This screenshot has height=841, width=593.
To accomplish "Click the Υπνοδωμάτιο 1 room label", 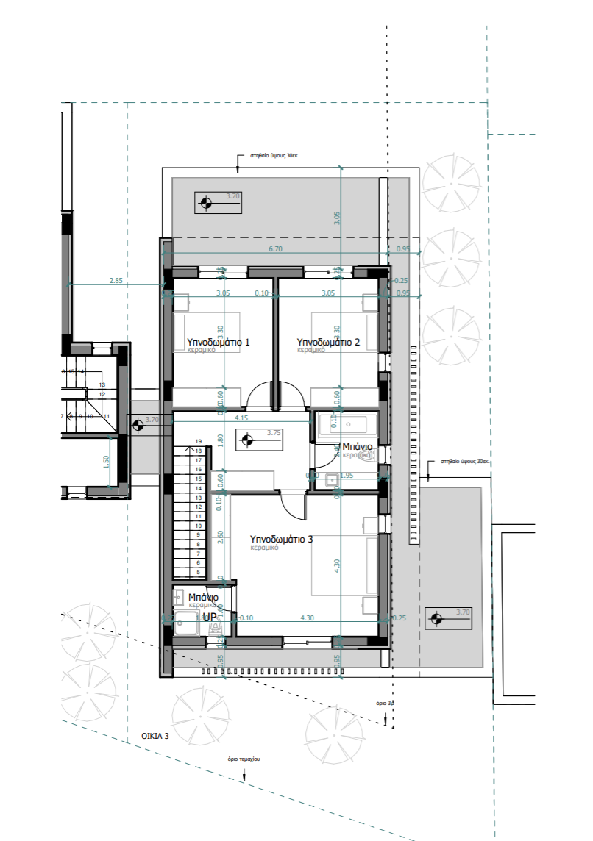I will coord(219,342).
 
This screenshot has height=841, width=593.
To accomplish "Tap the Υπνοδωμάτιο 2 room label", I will coord(328,342).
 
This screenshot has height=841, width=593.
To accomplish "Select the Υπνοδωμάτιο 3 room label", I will coord(282,539).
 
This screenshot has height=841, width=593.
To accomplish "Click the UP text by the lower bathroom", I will coord(210,616).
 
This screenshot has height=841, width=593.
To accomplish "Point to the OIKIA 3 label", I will coord(155,734).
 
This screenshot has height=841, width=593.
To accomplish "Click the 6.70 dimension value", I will coord(276,249).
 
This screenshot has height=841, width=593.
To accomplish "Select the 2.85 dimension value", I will coord(116,280).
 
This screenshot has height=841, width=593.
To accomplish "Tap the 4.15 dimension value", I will coord(241,418).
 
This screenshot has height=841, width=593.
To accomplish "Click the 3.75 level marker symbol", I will coord(248,440).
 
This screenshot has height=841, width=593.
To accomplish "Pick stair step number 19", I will coord(198,441).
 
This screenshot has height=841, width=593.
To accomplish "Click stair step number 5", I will coord(198,571).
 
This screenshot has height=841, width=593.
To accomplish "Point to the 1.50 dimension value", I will coord(107,461).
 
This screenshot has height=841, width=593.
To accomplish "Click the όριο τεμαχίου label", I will coord(245,757).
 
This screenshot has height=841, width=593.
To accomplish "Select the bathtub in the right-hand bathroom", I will coord(347,426).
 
